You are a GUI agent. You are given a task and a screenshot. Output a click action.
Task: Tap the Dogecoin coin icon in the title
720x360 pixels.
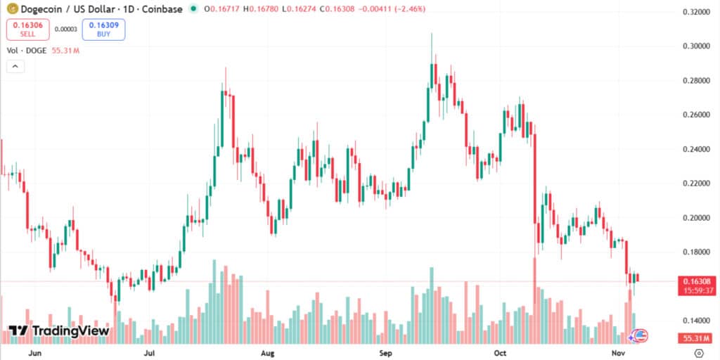point(12,9)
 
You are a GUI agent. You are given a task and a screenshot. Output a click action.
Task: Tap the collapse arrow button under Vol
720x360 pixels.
point(15,67)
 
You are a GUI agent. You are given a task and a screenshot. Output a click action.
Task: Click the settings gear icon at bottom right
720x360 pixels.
point(699,352)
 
